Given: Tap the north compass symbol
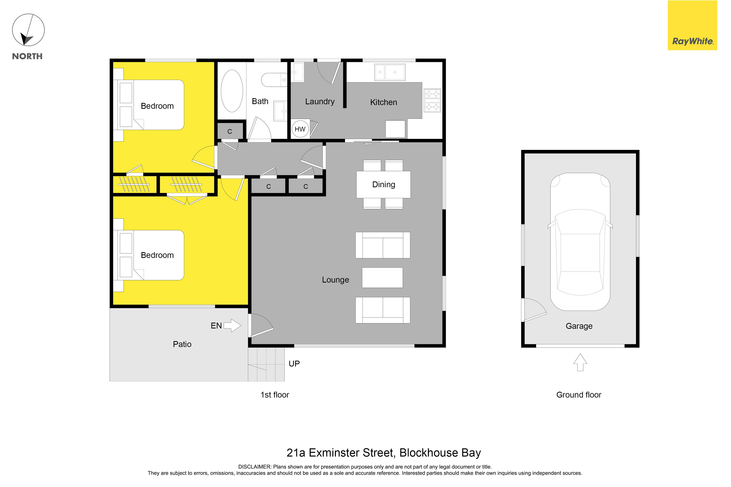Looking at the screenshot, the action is click(28, 30).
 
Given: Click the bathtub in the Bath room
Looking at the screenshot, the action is click(232, 91).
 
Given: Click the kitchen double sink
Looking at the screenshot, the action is click(390, 72).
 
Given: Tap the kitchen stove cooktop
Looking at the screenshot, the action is click(432, 100).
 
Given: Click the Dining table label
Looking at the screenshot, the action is click(384, 185).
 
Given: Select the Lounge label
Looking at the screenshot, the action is click(335, 280).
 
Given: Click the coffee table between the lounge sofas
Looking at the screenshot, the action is click(382, 278).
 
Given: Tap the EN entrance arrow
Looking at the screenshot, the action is click(232, 326).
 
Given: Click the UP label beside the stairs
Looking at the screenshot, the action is click(294, 364).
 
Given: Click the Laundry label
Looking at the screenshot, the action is click(320, 102).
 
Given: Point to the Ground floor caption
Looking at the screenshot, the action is click(579, 395).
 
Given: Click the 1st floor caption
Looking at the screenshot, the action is click(275, 395).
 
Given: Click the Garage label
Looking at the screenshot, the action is click(579, 326).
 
